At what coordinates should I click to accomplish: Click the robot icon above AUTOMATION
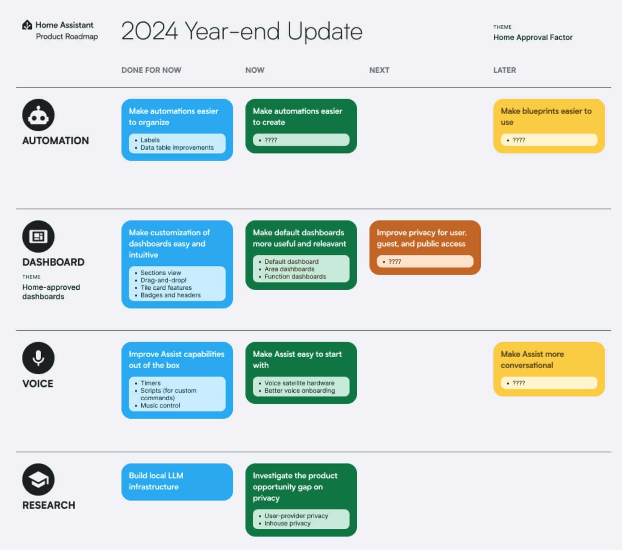[x=38, y=115]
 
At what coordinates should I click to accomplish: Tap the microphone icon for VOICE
[x=38, y=358]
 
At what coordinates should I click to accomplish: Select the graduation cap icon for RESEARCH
[x=38, y=480]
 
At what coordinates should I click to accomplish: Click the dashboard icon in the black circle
[x=38, y=237]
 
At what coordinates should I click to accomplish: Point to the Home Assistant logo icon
[x=27, y=25]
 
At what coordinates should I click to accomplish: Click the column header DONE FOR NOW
[x=151, y=70]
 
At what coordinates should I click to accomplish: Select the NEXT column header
[x=379, y=70]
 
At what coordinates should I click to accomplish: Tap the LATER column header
[x=505, y=70]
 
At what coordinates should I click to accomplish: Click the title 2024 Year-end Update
[x=242, y=31]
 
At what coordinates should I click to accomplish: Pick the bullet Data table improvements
[x=177, y=147]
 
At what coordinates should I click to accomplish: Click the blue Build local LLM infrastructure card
[x=177, y=482]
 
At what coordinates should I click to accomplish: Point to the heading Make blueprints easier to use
[x=546, y=117]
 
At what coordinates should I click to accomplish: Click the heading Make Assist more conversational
[x=532, y=360]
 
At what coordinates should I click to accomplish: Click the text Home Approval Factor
[x=533, y=37]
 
